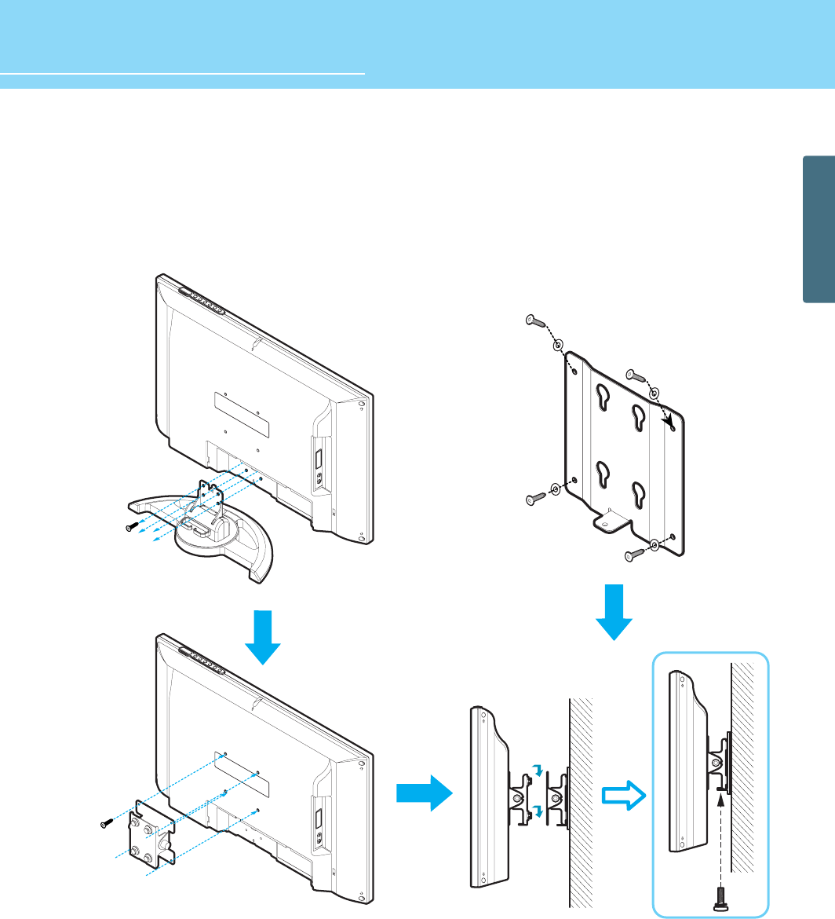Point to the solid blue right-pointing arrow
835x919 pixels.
[425, 795]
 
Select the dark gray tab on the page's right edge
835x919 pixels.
[819, 229]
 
